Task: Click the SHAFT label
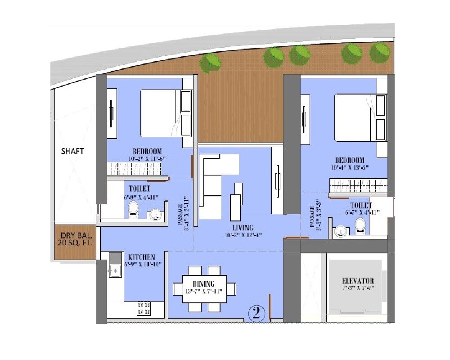72,151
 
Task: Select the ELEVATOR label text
358,281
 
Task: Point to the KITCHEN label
142,256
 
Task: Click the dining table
205,288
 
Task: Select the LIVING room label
243,228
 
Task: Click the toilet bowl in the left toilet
133,208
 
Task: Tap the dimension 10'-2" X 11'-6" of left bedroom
147,158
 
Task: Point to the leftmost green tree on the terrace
210,63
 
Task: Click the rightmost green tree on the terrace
379,53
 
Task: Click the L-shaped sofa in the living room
214,180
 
